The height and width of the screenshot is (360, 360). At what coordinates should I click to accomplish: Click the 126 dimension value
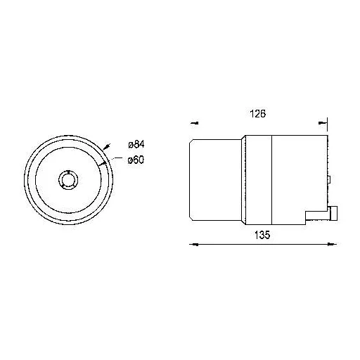(x=257, y=114)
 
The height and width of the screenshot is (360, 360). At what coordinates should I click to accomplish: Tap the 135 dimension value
(x=262, y=235)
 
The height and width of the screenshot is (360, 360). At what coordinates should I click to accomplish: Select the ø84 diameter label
(x=136, y=145)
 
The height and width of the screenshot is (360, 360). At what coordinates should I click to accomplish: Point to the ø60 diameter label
(x=136, y=160)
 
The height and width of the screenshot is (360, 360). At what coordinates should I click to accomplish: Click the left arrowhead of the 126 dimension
(x=195, y=123)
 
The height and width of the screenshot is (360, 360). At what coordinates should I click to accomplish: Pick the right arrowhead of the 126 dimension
(x=322, y=122)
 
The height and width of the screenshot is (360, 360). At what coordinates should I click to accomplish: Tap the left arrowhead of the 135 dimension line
(x=194, y=245)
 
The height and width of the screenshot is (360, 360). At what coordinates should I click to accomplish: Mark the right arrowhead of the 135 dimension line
(x=332, y=244)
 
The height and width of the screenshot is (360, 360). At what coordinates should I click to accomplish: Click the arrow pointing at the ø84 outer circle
(x=106, y=147)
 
